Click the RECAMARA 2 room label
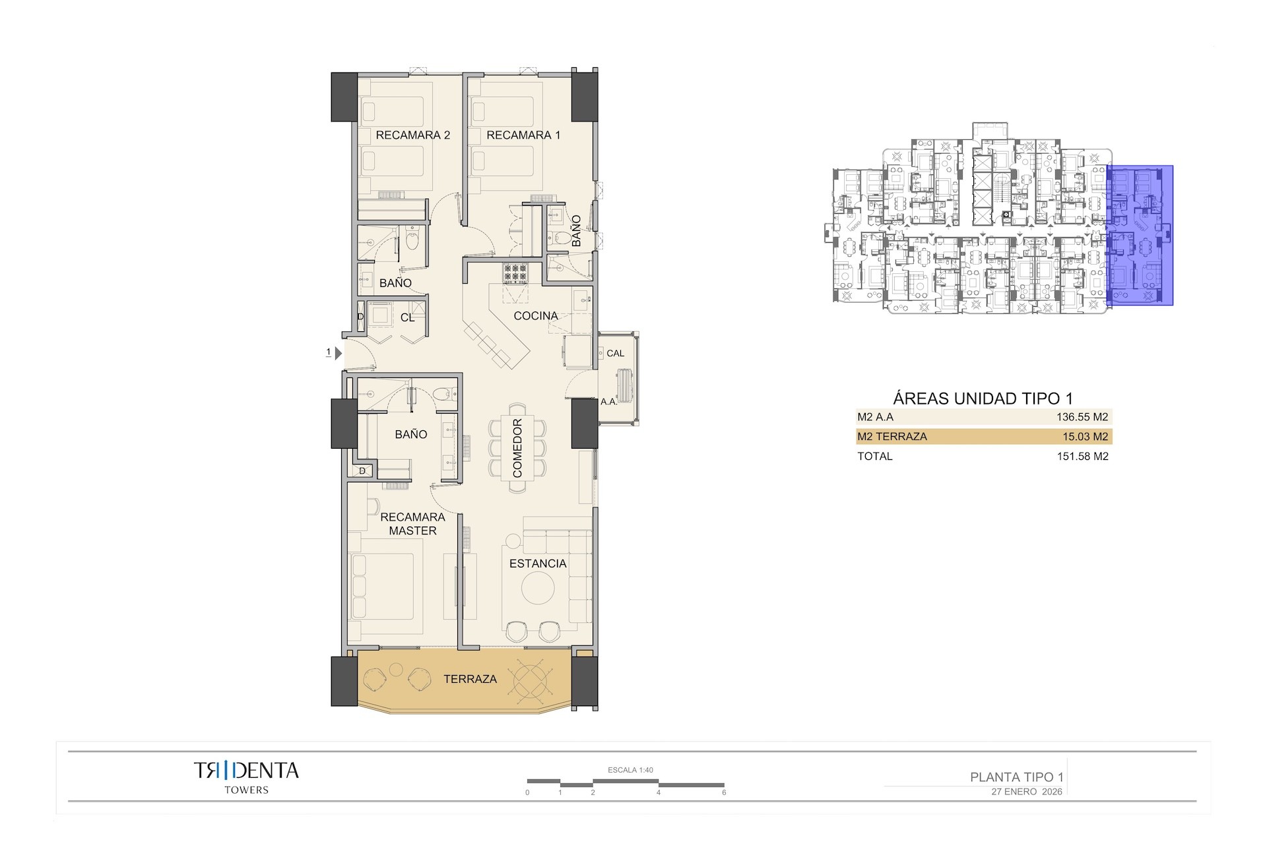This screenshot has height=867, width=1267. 412,135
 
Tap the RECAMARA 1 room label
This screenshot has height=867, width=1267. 523,135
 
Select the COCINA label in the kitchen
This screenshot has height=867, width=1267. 536,316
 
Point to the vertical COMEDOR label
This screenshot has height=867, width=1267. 517,448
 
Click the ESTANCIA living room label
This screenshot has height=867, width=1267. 538,563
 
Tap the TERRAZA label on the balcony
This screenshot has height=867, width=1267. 470,679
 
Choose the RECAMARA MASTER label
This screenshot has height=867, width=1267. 412,524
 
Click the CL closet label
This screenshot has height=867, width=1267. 408,318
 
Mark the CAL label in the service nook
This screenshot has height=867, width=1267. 615,354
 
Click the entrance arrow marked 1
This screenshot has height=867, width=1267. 338,353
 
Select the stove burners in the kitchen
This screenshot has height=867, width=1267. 515,273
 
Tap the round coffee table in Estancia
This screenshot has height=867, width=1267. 538,587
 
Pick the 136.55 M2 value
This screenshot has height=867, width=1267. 1082,417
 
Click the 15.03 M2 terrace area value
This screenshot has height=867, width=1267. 1085,437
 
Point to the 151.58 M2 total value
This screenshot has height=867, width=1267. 1082,457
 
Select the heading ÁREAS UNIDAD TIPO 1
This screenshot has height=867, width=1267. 983,399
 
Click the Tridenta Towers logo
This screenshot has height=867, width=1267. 246,777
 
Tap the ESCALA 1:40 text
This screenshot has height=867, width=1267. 630,770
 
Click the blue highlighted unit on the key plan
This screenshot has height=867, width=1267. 1140,236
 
